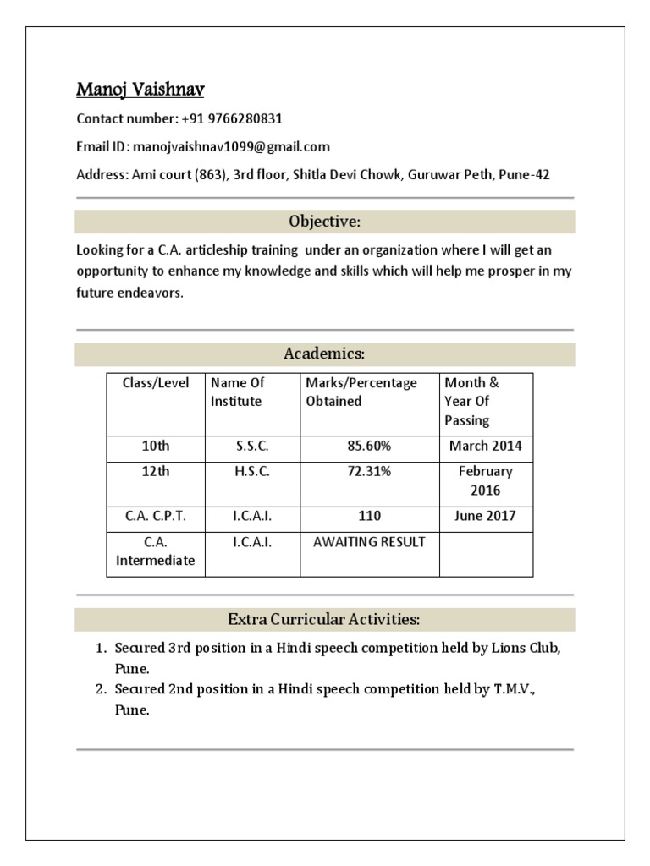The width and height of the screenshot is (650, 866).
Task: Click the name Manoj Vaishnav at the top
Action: pos(140,89)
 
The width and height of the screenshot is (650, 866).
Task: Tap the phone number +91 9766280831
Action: pos(231,118)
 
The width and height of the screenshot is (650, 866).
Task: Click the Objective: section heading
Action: pos(325,222)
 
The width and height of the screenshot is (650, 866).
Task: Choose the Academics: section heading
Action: pos(325,354)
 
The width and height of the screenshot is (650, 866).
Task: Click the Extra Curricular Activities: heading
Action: pos(325,620)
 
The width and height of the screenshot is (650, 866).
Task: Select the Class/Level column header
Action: pos(156,383)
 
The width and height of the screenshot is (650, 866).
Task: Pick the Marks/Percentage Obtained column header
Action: pos(361,392)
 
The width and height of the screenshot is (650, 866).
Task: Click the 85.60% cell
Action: pos(369,446)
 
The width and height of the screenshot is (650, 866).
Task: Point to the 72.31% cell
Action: pos(369,472)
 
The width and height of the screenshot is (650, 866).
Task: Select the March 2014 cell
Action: pos(486,446)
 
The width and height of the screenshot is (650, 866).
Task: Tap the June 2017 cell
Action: pos(486,516)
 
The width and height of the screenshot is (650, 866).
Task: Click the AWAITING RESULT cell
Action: pos(369,542)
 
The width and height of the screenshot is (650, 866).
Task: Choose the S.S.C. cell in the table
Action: pos(252,446)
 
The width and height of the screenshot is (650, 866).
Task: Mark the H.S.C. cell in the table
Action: pos(252,472)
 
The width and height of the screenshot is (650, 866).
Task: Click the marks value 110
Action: pos(369,516)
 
